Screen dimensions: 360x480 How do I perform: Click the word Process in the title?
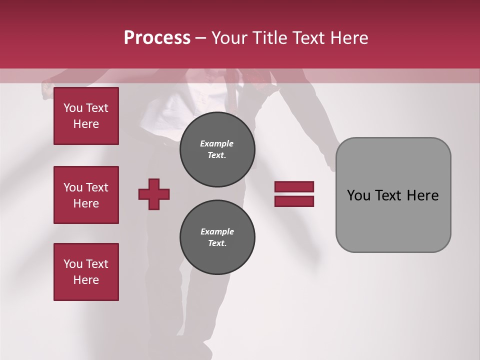tap(157, 38)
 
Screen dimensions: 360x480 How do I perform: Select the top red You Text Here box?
tap(86, 116)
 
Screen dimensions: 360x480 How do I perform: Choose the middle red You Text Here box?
tap(86, 195)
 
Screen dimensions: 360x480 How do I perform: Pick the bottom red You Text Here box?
tap(86, 272)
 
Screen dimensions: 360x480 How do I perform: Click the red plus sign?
tap(154, 194)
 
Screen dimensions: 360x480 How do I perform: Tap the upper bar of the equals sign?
tap(294, 186)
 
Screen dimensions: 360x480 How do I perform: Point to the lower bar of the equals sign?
tap(294, 201)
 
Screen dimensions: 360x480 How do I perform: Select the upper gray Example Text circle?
tap(217, 149)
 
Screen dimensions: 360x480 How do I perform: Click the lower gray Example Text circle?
tap(217, 237)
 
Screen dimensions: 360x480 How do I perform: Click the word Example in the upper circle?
tap(217, 143)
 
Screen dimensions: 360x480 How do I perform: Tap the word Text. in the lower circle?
tap(217, 243)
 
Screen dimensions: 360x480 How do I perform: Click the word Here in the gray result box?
tap(422, 195)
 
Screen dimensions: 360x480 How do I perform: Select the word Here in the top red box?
tap(86, 124)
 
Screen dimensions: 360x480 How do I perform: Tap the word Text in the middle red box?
tap(96, 187)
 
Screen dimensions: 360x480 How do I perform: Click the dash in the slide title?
tap(201, 38)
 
